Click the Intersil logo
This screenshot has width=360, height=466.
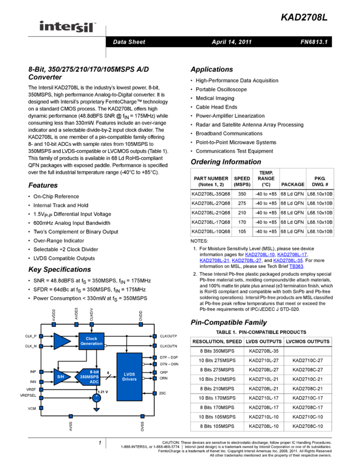coord(68,27)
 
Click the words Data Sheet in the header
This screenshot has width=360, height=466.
coord(129,42)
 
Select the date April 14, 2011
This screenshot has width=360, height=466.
coord(231,42)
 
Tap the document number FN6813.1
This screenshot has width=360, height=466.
coord(314,42)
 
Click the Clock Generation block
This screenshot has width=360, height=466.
coord(92,341)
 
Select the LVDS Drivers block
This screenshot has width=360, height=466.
coord(129,377)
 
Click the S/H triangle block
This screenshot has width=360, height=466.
coord(61,377)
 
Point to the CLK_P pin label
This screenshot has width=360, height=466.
coord(31,336)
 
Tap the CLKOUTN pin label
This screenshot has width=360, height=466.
coord(169,346)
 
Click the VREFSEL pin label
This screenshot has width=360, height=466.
coord(28,396)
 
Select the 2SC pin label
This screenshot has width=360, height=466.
coord(162,393)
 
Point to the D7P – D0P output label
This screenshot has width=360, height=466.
coord(169,357)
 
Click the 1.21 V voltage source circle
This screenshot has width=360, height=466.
coord(96,398)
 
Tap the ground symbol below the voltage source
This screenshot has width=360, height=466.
coord(96,409)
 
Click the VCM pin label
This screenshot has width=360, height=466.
coord(32,408)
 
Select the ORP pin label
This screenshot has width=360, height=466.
coord(164,372)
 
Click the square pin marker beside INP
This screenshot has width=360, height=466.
coord(41,372)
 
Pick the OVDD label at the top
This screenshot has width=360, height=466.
coord(141,315)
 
